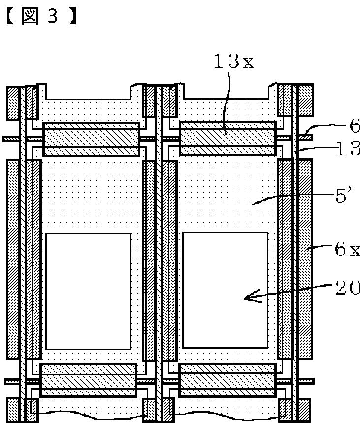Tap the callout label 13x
click(x=233, y=62)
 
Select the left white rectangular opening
click(x=88, y=291)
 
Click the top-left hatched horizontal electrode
click(x=91, y=138)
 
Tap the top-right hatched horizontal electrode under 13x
click(x=228, y=137)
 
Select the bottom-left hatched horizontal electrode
click(x=88, y=380)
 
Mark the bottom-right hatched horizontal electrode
click(x=227, y=380)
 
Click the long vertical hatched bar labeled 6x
click(x=305, y=259)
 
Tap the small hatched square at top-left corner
click(x=12, y=102)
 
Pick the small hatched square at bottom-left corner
click(x=12, y=409)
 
